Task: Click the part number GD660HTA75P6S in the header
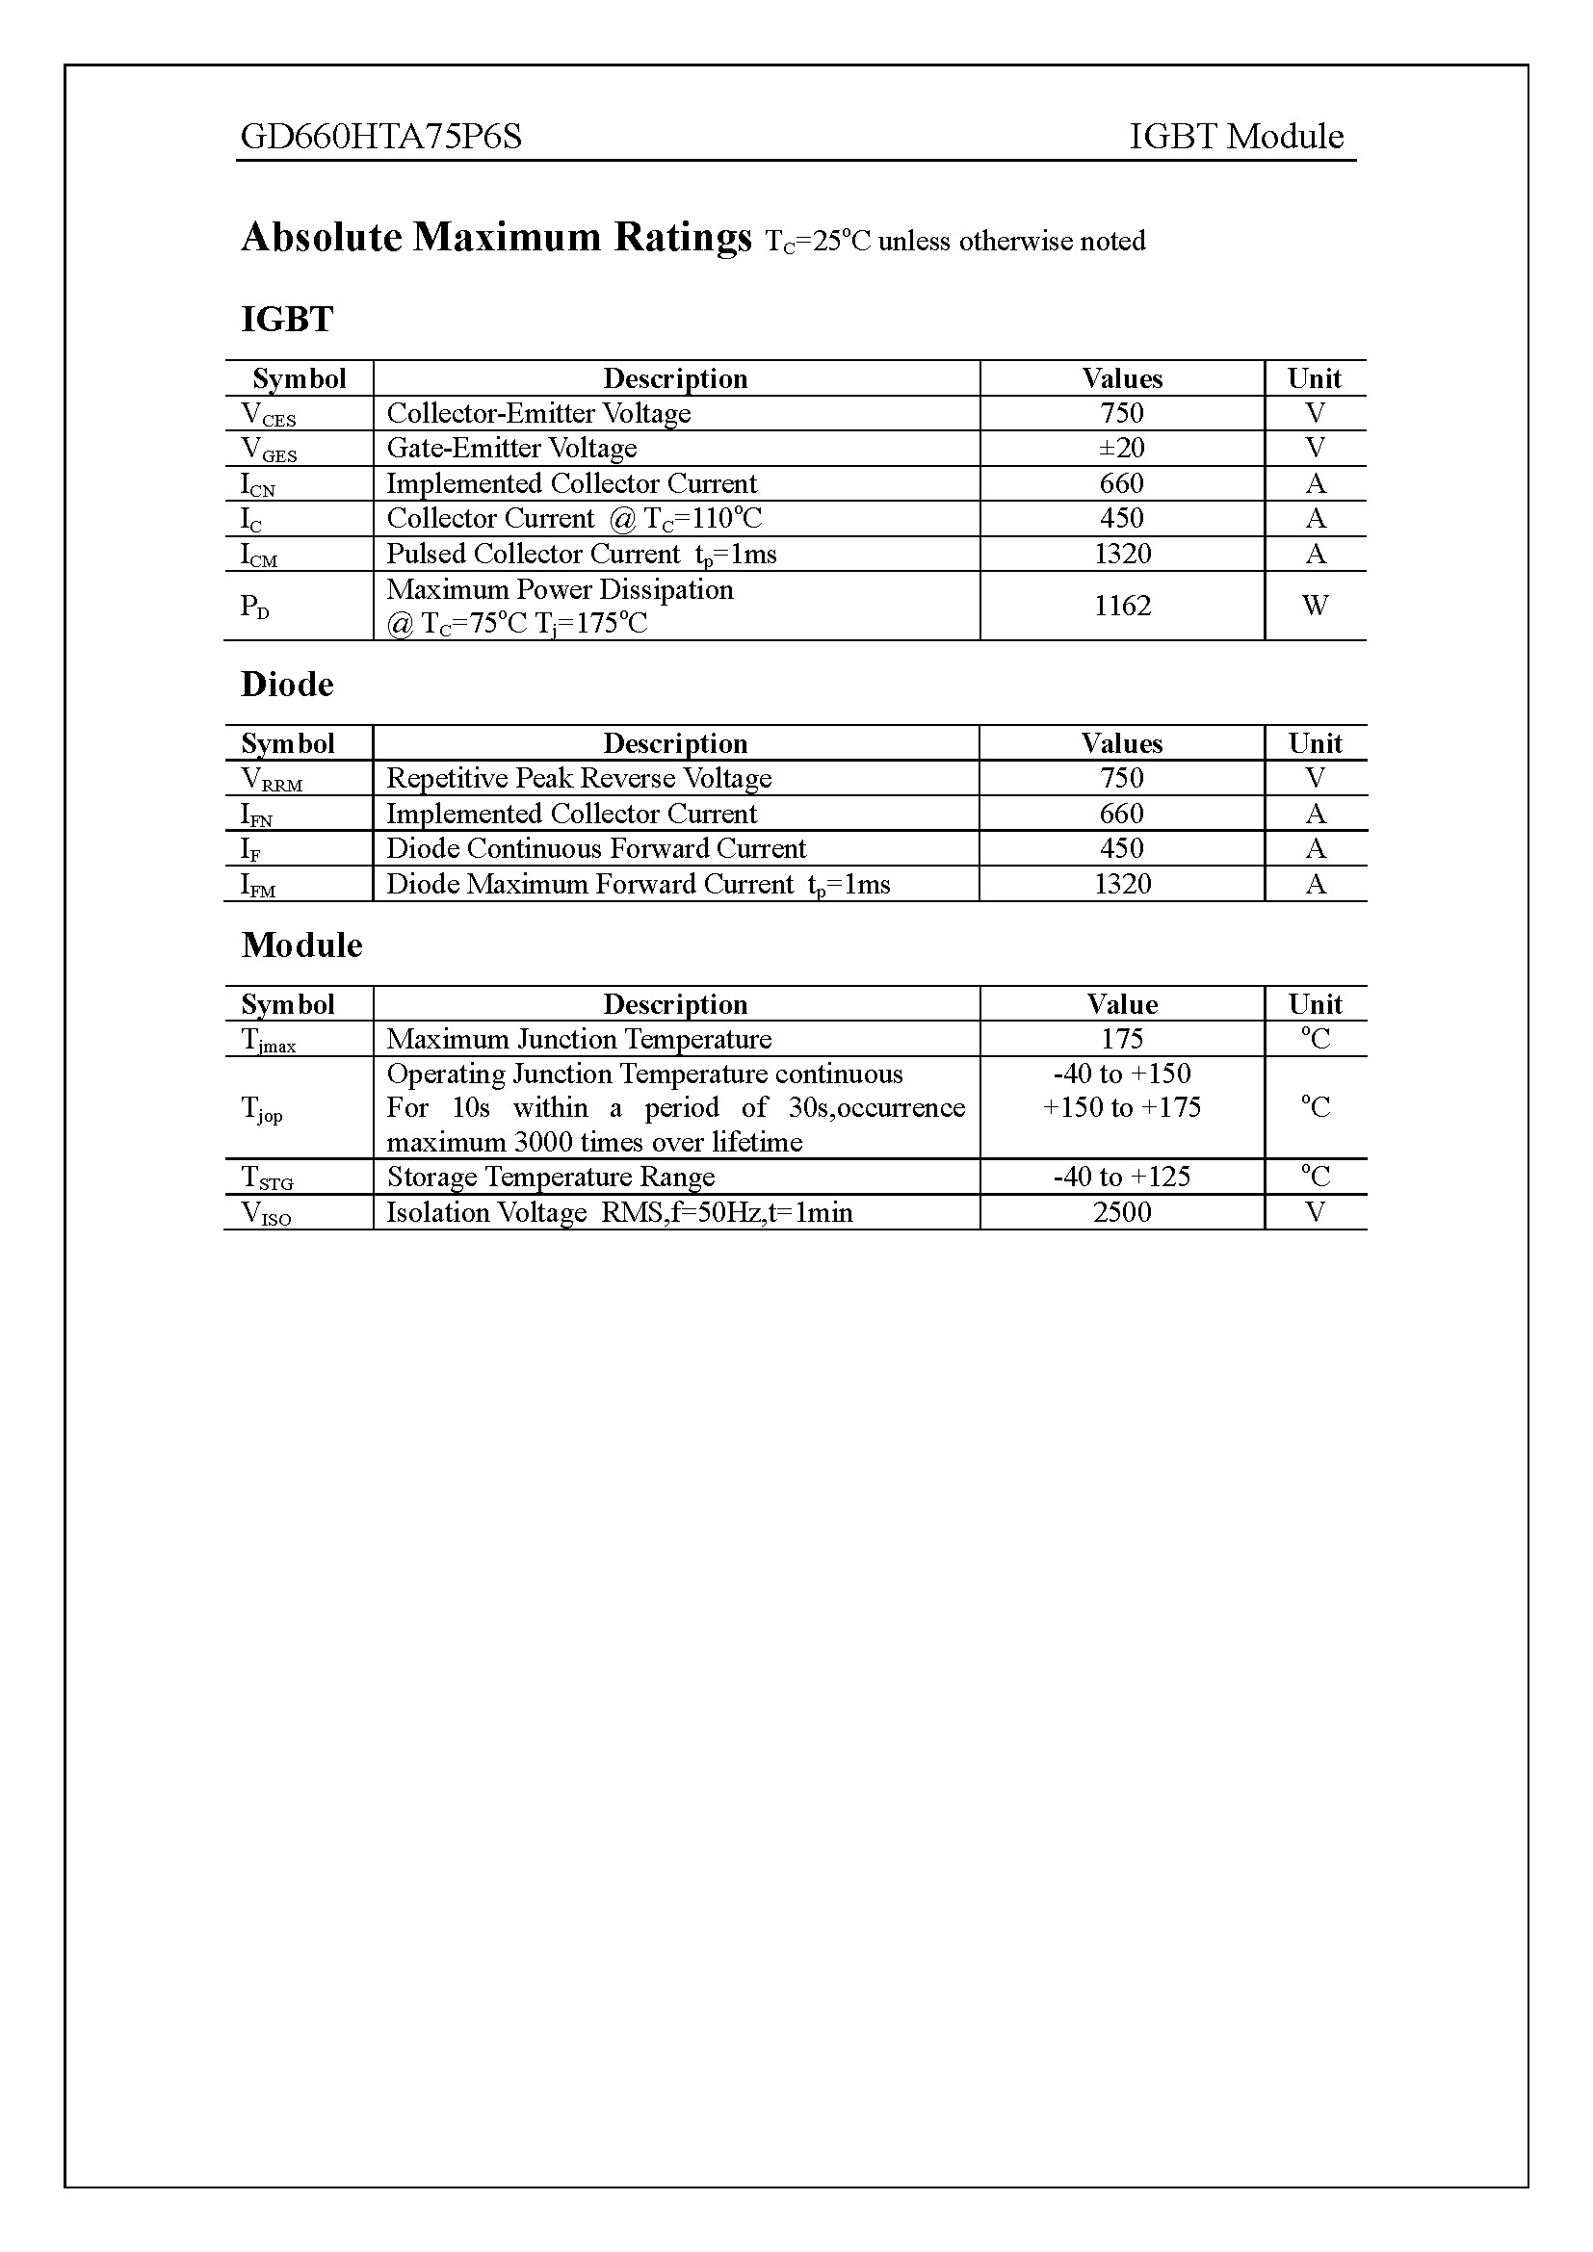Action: [x=380, y=137]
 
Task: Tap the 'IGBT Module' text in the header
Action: [x=1236, y=137]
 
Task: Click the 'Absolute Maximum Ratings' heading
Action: [x=496, y=238]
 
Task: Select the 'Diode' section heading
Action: [x=287, y=685]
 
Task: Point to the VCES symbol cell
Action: [x=268, y=415]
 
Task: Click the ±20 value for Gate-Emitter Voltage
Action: [x=1121, y=449]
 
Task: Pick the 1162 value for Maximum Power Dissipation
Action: [x=1121, y=607]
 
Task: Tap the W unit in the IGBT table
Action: [x=1315, y=607]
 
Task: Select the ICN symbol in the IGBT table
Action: [x=258, y=484]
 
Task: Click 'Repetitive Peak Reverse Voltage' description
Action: [x=579, y=779]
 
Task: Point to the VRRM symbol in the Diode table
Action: [x=271, y=780]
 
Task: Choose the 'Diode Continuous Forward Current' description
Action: [x=595, y=848]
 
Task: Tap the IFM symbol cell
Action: [x=258, y=886]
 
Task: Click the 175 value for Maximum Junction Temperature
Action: [x=1121, y=1039]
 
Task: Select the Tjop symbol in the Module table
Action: [x=261, y=1109]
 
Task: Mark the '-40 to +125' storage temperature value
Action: [x=1121, y=1177]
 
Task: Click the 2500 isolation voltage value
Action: [x=1121, y=1212]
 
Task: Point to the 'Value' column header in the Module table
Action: [x=1121, y=1004]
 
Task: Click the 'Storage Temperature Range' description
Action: [x=550, y=1177]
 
